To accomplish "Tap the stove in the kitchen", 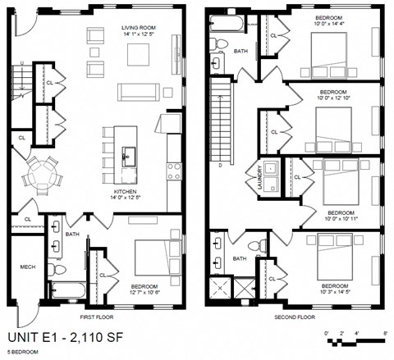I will [174, 171].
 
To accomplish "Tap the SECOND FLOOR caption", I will [295, 316].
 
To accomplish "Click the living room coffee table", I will [136, 54].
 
